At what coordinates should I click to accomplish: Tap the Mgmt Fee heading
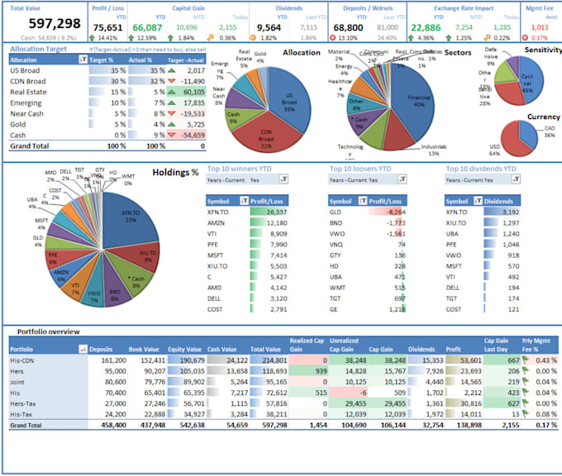tap(539, 7)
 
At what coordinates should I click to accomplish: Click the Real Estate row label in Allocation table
tap(26, 93)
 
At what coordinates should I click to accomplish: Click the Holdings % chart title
tap(176, 173)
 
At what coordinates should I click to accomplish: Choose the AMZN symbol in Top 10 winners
tap(217, 223)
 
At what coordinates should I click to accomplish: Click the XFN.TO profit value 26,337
tap(272, 212)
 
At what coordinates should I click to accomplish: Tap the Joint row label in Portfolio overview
tap(17, 383)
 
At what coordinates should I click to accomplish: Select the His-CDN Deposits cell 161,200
tap(113, 360)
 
